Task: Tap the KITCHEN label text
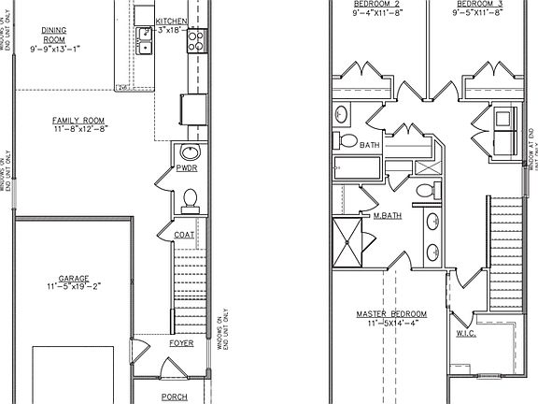click(x=170, y=21)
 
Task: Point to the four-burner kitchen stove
click(x=197, y=40)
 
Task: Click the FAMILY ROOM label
click(x=78, y=121)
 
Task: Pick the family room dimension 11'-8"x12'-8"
click(x=78, y=132)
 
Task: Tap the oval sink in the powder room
click(x=190, y=153)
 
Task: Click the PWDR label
click(x=185, y=169)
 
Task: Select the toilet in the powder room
click(x=190, y=197)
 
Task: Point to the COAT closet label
click(x=183, y=235)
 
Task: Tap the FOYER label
click(x=181, y=343)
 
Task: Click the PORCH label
click(x=175, y=397)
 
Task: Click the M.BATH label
click(x=387, y=216)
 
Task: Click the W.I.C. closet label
click(x=467, y=333)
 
